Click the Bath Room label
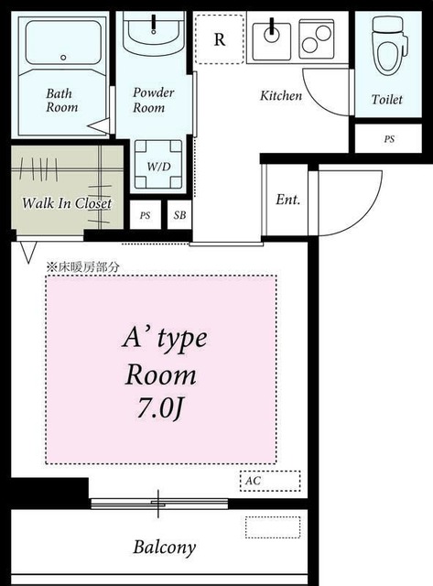[x=62, y=100]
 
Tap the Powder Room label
[x=153, y=100]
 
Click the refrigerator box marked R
[x=219, y=39]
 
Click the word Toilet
[x=385, y=99]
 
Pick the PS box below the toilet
[x=389, y=139]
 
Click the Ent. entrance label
[x=288, y=199]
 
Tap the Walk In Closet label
[x=67, y=203]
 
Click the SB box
[x=179, y=216]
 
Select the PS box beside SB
[x=145, y=216]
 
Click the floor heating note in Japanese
[x=83, y=267]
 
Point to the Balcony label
[x=165, y=548]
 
